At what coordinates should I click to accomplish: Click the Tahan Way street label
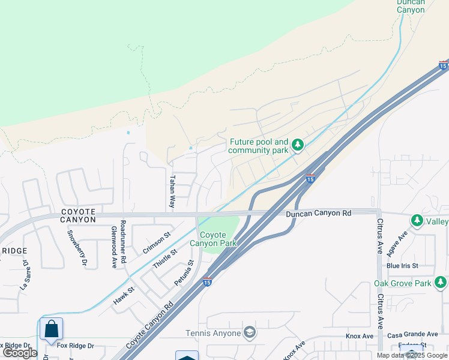pos(172,191)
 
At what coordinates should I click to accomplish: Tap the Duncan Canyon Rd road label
pos(318,213)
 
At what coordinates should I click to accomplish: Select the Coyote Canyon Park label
pos(213,239)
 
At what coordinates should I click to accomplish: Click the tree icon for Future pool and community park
pos(297,145)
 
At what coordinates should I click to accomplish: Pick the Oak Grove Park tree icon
pos(441,282)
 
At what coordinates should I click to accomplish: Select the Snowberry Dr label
pos(76,248)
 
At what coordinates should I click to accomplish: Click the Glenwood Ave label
pos(113,247)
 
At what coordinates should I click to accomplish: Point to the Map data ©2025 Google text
pos(412,355)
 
